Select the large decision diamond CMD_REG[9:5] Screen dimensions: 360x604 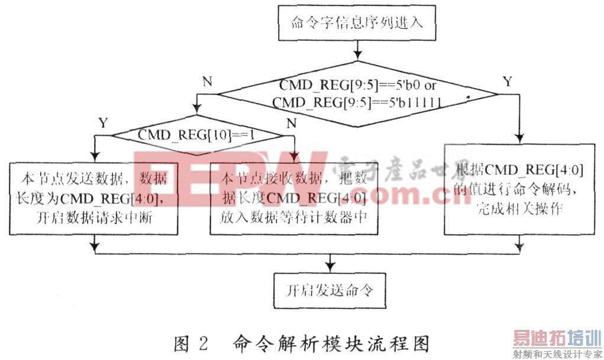pos(357,94)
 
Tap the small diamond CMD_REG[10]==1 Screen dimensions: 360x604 pos(195,135)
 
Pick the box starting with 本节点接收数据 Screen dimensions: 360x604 pos(294,197)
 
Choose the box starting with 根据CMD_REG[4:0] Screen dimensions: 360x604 pos(519,189)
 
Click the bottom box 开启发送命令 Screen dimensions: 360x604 pos(331,291)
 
